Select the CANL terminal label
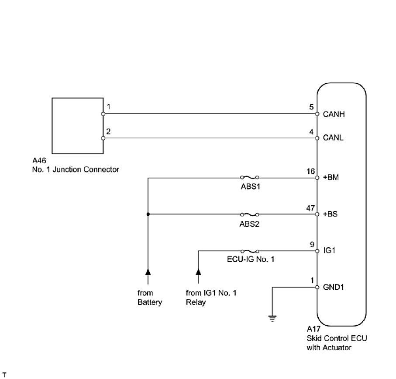click(x=333, y=138)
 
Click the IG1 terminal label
click(x=329, y=251)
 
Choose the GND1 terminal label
click(x=333, y=288)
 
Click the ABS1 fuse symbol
click(x=250, y=178)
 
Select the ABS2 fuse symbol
click(x=250, y=214)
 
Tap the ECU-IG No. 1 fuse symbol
click(x=250, y=251)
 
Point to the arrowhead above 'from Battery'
click(x=148, y=272)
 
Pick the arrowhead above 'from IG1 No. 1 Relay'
click(x=199, y=272)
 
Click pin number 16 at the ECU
click(x=310, y=171)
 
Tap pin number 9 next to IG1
click(x=312, y=244)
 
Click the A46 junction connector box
click(x=78, y=126)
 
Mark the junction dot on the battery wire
click(x=148, y=214)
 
